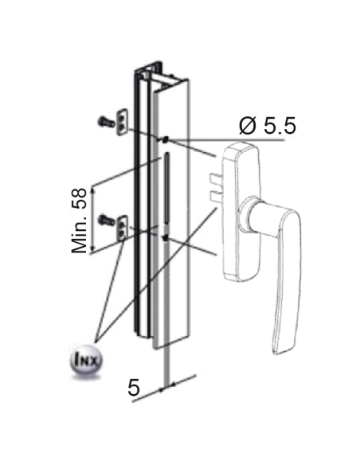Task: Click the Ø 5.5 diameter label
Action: pyautogui.click(x=268, y=126)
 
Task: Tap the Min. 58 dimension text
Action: pyautogui.click(x=79, y=221)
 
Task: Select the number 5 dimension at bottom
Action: pyautogui.click(x=134, y=387)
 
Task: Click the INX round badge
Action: pyautogui.click(x=84, y=361)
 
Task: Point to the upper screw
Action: pyautogui.click(x=105, y=121)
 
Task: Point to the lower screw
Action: pyautogui.click(x=106, y=220)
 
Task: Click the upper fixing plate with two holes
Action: pyautogui.click(x=122, y=122)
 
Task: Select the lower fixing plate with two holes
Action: pyautogui.click(x=123, y=228)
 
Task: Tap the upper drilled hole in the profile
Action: pyautogui.click(x=166, y=139)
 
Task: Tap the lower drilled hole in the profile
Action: pyautogui.click(x=166, y=237)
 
